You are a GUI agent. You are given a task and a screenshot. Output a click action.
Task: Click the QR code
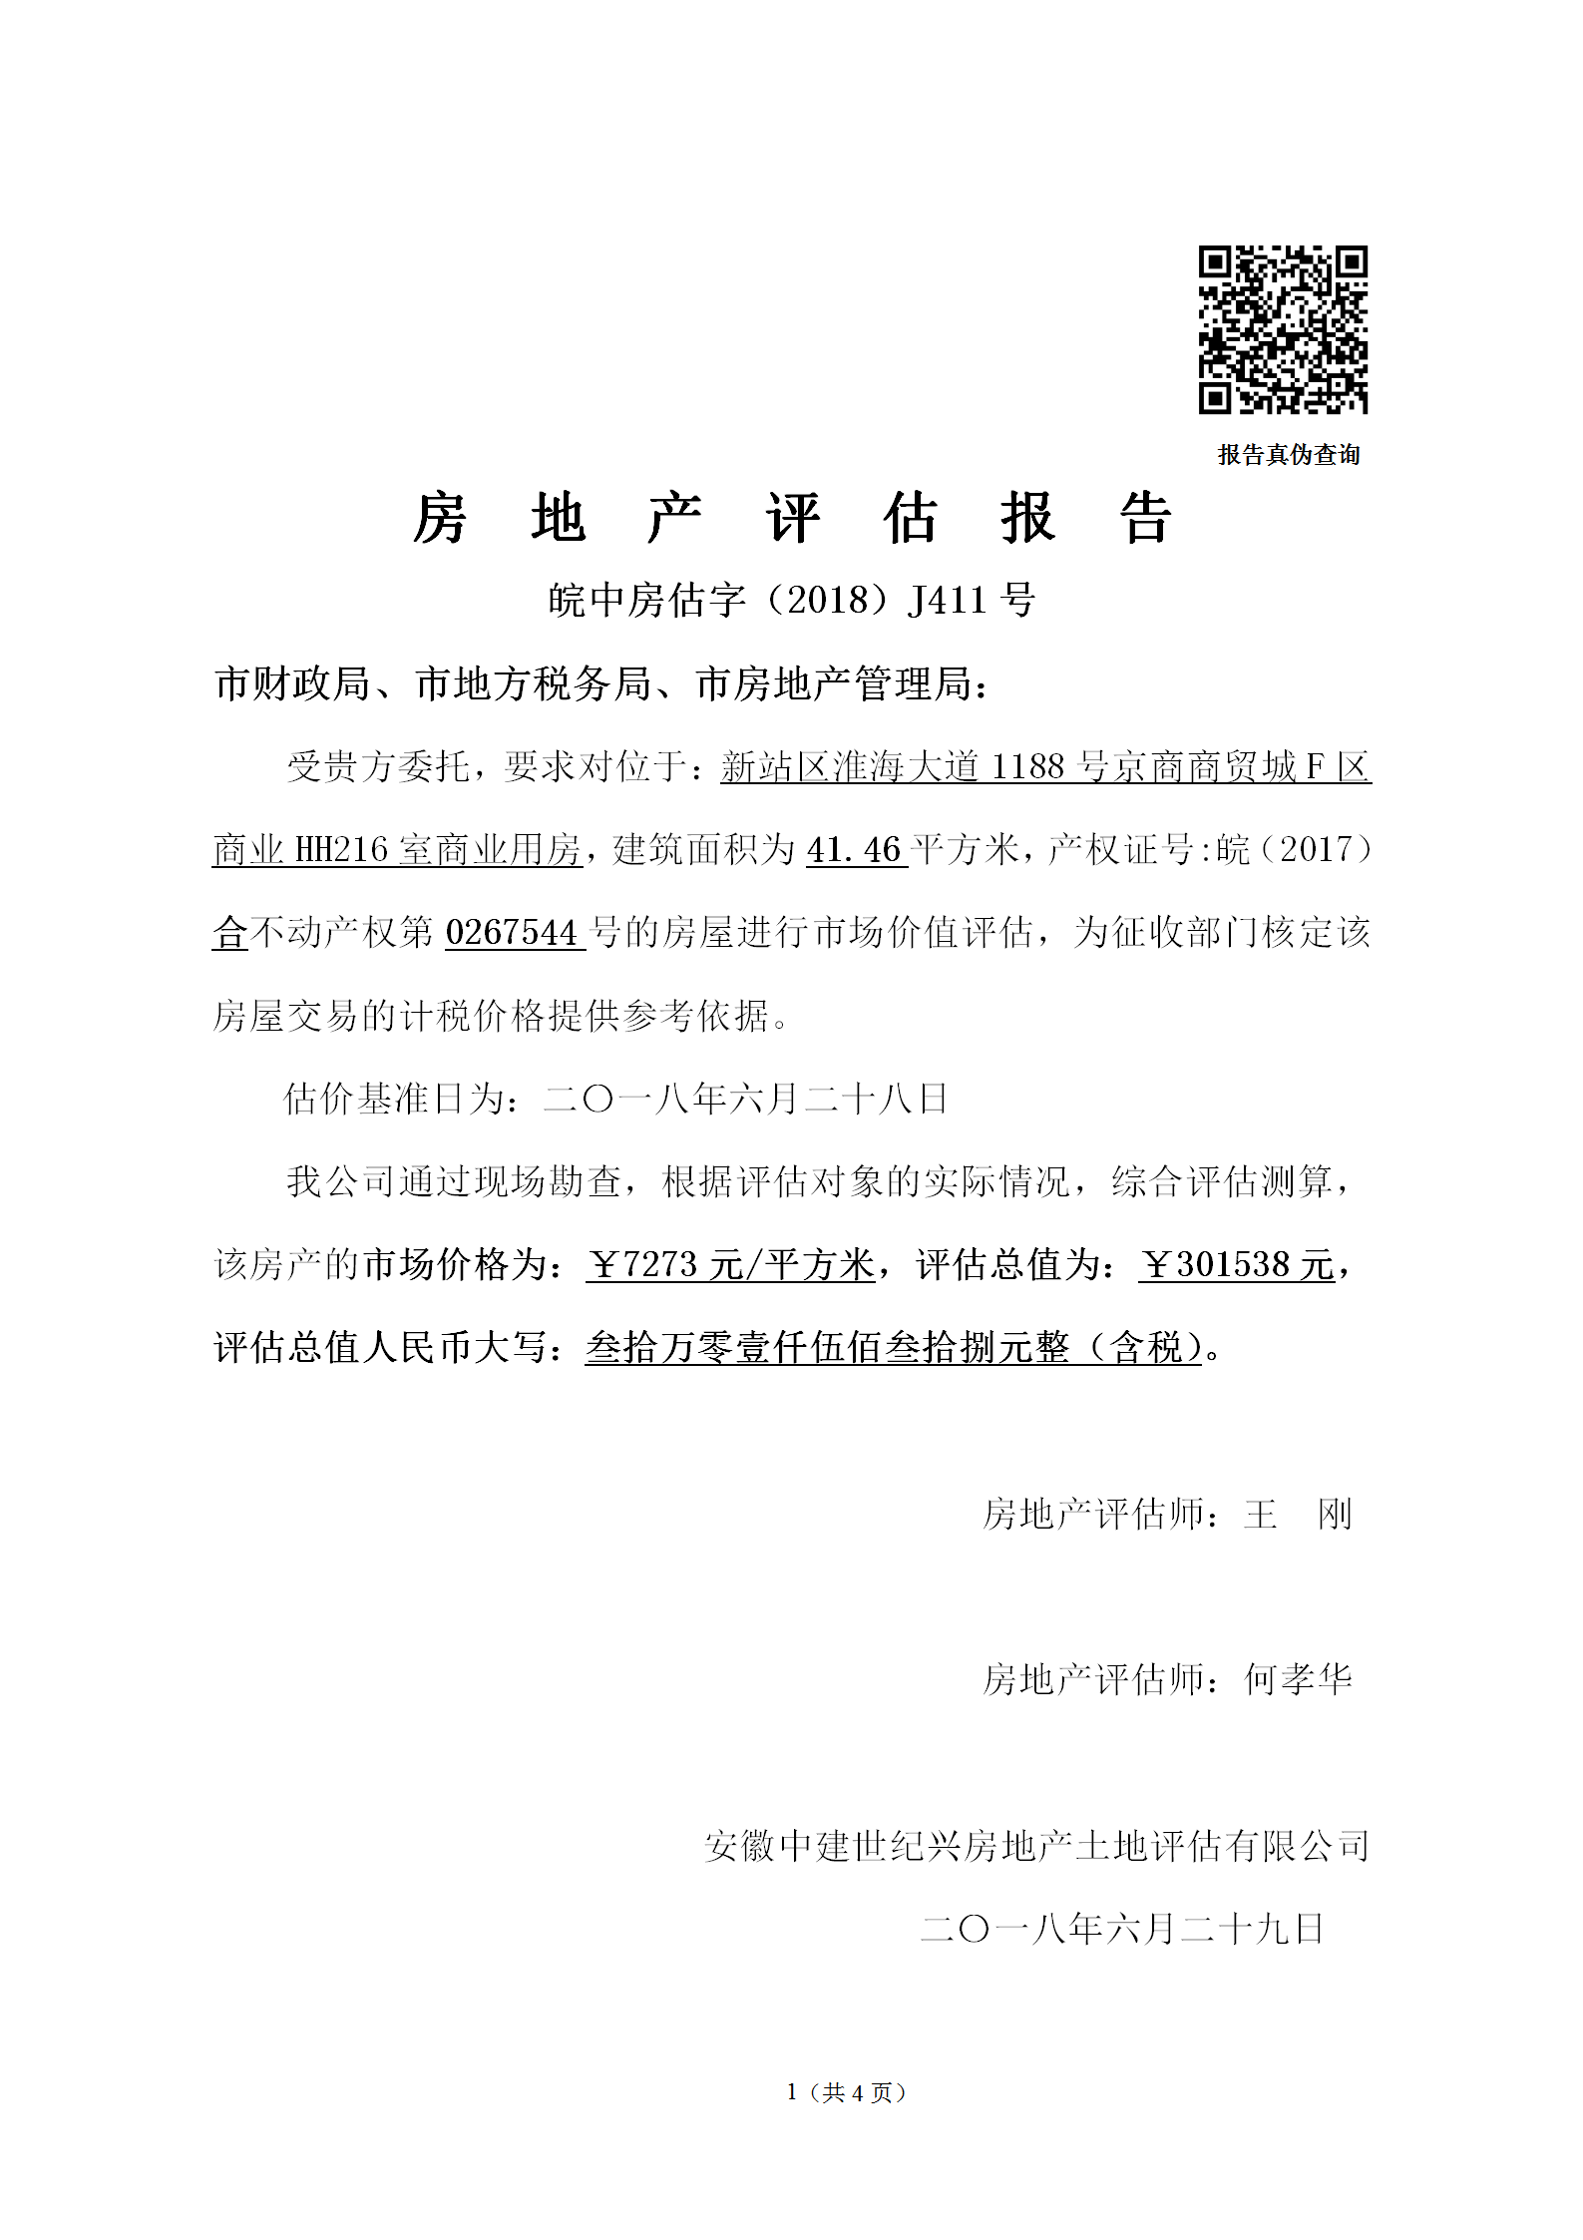[x=1283, y=329]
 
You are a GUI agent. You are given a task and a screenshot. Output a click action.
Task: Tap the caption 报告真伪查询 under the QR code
[x=1289, y=455]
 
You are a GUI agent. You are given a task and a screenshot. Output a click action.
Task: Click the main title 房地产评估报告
[x=792, y=519]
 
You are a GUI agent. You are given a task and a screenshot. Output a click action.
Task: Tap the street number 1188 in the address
[x=1029, y=766]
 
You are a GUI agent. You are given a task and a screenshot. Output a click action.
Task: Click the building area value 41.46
[x=855, y=850]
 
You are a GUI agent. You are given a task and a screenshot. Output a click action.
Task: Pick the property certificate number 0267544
[x=512, y=933]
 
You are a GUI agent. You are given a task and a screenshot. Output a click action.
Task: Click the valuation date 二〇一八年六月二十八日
[x=745, y=1099]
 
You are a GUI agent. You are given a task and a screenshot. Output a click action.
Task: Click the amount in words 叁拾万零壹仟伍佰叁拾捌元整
[x=828, y=1348]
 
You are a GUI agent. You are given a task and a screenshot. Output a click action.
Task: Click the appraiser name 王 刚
[x=1298, y=1515]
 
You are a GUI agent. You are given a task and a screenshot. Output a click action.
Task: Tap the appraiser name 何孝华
[x=1298, y=1680]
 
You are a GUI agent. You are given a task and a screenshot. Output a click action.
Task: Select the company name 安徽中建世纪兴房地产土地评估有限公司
[x=1036, y=1846]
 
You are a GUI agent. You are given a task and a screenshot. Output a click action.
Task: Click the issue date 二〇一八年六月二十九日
[x=1122, y=1929]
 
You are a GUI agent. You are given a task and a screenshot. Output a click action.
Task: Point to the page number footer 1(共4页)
[x=846, y=2092]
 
